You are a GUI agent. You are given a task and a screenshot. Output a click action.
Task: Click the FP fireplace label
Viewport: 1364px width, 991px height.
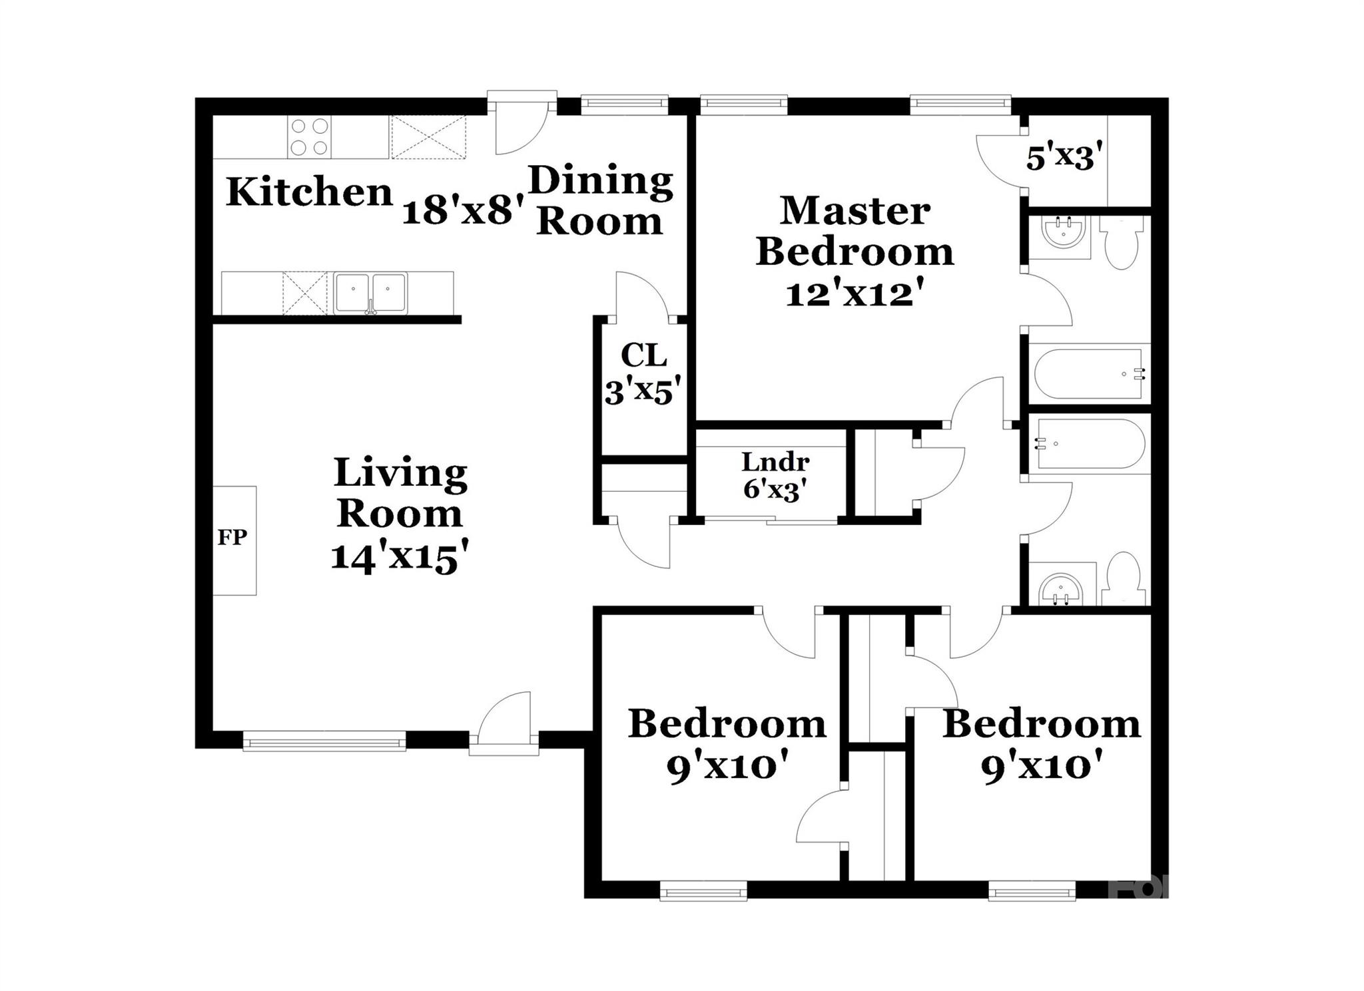[232, 537]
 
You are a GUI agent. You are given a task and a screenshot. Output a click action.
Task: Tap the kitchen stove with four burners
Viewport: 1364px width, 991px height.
[310, 137]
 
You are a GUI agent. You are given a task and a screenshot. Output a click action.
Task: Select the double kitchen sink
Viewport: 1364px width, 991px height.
[371, 292]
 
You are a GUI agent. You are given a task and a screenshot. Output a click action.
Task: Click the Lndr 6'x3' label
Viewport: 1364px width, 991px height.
[775, 476]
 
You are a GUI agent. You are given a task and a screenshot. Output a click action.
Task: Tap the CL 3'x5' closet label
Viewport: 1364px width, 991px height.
[643, 374]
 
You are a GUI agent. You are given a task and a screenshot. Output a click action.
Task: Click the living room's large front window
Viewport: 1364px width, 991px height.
[324, 741]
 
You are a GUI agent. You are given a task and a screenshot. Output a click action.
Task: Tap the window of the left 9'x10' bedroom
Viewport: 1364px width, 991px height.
[703, 891]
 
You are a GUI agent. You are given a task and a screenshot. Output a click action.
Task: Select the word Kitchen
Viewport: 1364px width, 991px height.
[310, 192]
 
